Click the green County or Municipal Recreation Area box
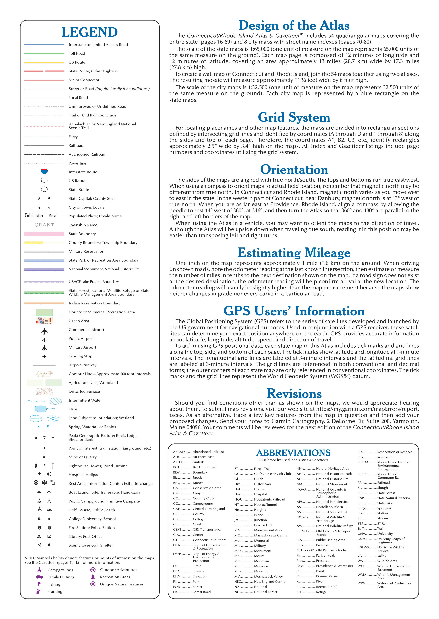(44, 312)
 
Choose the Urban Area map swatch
(44, 321)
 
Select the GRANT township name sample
(44, 225)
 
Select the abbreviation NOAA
(301, 489)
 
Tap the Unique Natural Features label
(122, 584)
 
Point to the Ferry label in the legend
(73, 137)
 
